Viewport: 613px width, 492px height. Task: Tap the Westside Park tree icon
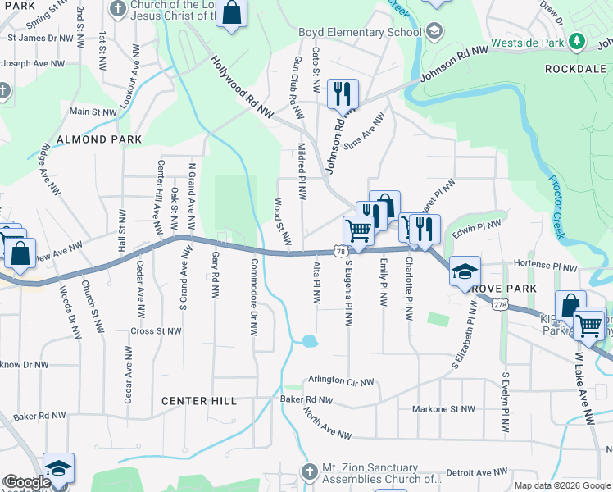577,41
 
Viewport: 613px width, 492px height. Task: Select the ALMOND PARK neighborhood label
93,139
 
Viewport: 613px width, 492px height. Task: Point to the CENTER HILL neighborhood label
199,401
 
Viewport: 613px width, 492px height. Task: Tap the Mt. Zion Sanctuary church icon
308,471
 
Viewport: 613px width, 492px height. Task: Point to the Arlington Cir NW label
341,381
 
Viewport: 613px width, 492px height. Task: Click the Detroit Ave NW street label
478,472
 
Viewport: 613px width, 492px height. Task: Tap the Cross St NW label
156,331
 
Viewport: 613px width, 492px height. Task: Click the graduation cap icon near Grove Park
464,271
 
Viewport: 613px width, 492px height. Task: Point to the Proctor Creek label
556,207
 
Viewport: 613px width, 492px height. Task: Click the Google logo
27,483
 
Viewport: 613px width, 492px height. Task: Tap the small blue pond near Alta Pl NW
308,340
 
